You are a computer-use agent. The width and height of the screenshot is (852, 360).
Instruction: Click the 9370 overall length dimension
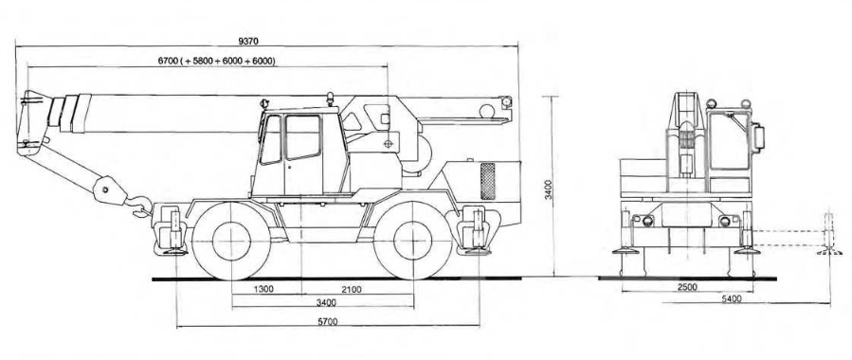248,41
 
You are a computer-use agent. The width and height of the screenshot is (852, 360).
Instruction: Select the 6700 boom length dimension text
217,62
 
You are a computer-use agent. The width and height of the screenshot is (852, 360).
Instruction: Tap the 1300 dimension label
263,289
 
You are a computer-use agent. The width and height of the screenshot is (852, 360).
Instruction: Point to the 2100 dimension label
352,289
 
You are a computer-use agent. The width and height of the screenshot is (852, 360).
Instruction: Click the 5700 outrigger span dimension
327,321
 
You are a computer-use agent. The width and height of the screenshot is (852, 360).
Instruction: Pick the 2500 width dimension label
687,287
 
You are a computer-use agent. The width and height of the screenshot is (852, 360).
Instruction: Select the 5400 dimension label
731,298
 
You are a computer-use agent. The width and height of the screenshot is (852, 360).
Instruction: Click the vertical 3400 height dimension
549,189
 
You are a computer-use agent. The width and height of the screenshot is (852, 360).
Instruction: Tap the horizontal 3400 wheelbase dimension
326,302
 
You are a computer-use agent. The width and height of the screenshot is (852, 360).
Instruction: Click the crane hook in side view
140,207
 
